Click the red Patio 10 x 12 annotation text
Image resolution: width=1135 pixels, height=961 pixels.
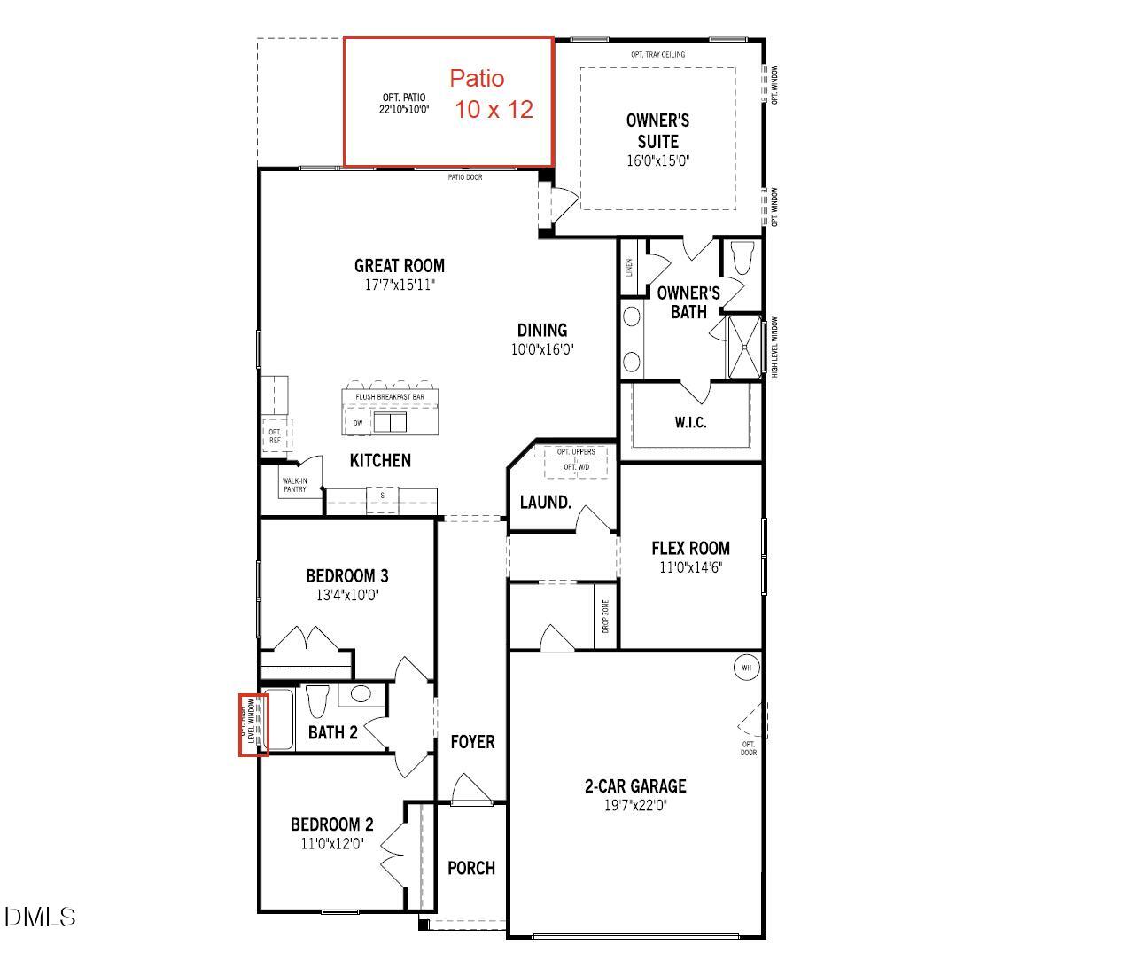(490, 94)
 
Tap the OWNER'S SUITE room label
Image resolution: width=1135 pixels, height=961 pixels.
(657, 130)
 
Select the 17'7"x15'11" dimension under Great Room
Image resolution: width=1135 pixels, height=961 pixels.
(400, 285)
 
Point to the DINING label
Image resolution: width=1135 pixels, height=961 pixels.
(542, 331)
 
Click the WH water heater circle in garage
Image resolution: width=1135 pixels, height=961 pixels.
(746, 668)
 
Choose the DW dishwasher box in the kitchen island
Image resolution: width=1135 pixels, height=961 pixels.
(358, 423)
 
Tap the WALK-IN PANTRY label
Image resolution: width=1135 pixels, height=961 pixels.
(295, 485)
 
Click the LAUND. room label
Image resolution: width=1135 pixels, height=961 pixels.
(545, 503)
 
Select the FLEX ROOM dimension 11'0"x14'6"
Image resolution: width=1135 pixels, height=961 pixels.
(690, 567)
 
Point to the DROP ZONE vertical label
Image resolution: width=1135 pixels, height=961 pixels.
(606, 616)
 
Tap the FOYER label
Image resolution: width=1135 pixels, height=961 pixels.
(472, 741)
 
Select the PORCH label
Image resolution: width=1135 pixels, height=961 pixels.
(471, 868)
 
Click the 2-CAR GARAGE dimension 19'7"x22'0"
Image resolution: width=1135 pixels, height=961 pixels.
(635, 806)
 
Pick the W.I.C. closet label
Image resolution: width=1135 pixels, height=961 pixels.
(690, 423)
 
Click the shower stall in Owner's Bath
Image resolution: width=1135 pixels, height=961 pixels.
(744, 347)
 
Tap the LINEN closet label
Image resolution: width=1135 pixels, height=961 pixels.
(629, 267)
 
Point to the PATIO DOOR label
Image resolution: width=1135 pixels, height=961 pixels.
(465, 177)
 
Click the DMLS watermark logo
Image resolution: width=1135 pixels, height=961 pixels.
(41, 917)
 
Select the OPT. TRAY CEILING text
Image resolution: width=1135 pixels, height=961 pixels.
(657, 55)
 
